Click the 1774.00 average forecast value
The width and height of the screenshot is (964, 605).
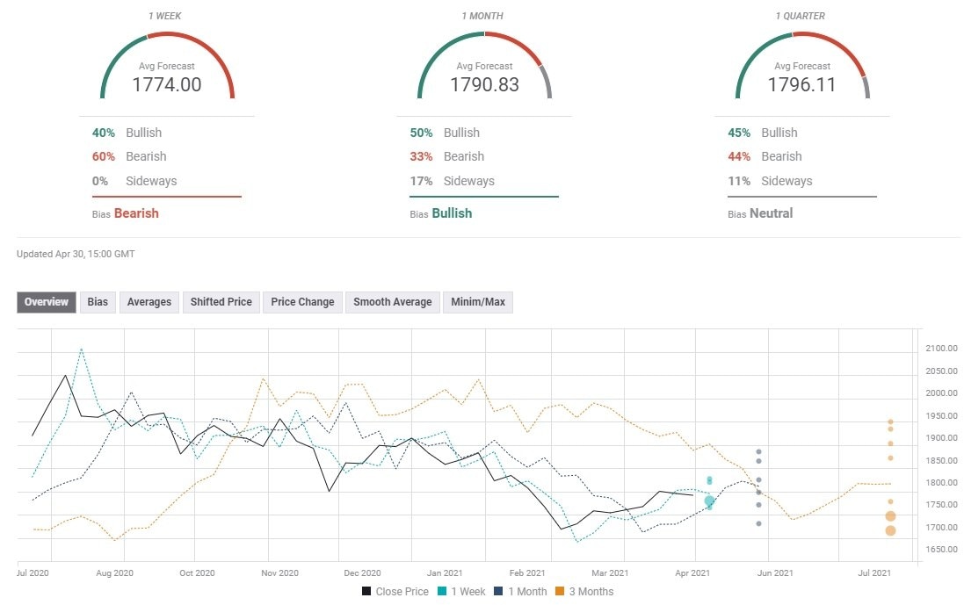click(167, 85)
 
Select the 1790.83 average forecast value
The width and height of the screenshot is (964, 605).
click(484, 85)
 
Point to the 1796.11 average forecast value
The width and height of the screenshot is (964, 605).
click(801, 85)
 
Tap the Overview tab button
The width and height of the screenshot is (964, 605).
click(47, 302)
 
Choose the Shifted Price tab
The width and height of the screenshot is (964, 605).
click(221, 302)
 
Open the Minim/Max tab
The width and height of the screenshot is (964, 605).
click(478, 302)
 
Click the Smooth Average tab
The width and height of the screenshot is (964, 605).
click(392, 302)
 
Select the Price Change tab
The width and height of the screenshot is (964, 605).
click(302, 302)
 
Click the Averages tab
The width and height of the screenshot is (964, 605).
click(149, 302)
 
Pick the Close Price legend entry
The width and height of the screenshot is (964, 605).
click(396, 592)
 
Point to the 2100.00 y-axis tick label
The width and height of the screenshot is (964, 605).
click(940, 349)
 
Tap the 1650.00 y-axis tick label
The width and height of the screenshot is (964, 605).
click(940, 550)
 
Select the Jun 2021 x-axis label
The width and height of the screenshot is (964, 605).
click(776, 573)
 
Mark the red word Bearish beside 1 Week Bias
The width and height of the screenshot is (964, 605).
click(136, 213)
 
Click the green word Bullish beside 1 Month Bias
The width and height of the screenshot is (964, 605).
click(452, 213)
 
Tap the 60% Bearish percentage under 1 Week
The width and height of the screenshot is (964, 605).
click(104, 156)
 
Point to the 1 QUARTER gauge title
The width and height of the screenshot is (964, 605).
click(801, 17)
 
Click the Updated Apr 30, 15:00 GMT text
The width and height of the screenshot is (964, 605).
click(76, 254)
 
